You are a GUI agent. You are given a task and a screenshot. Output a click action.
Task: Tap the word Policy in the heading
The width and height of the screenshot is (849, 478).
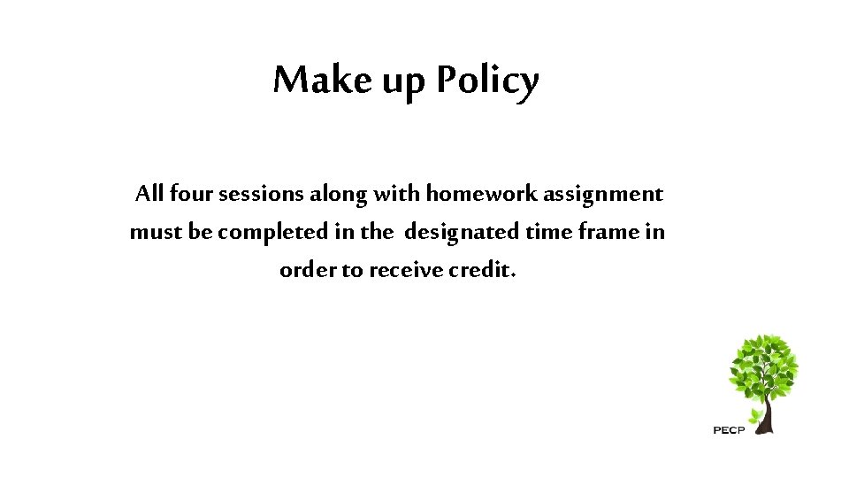pyautogui.click(x=486, y=81)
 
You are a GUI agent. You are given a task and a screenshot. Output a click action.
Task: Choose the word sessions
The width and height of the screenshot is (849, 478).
pyautogui.click(x=261, y=193)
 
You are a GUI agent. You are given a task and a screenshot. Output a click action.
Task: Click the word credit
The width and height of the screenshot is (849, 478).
pyautogui.click(x=480, y=270)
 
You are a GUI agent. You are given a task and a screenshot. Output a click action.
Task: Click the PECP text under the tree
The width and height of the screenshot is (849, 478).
pyautogui.click(x=729, y=430)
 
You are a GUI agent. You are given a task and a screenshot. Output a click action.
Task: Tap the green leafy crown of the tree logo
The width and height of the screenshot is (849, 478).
pyautogui.click(x=762, y=367)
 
